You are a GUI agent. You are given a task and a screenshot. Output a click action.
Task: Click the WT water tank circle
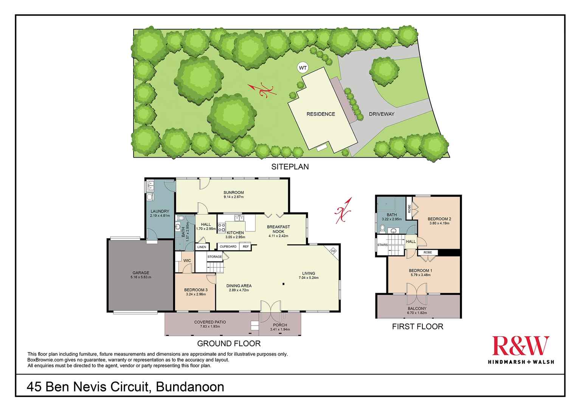303,68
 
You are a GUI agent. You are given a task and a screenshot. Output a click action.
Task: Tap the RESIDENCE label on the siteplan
321,114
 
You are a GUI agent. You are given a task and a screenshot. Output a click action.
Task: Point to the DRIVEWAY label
381,114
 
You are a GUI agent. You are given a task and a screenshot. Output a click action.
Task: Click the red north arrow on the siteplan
262,91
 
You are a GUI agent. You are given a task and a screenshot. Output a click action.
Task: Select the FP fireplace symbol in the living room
333,251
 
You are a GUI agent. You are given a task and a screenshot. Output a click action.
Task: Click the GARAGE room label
141,273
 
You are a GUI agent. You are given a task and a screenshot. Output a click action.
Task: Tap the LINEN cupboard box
202,247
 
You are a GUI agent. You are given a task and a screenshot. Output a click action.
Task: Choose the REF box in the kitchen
246,247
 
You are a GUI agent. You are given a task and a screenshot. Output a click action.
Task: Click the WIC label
187,261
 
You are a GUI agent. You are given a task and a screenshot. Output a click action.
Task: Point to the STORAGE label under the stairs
214,256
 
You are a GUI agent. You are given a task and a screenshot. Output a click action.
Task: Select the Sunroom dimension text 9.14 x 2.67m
234,197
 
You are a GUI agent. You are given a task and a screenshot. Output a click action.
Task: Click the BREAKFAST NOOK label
278,229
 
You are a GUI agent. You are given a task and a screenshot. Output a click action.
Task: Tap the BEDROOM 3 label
196,290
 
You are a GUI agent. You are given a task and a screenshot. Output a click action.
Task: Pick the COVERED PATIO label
210,322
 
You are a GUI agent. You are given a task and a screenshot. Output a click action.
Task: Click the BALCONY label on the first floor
417,308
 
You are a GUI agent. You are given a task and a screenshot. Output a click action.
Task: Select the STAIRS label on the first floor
382,245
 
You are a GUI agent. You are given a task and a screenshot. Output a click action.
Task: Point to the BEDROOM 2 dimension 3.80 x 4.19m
439,223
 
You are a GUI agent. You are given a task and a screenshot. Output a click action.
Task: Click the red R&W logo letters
520,345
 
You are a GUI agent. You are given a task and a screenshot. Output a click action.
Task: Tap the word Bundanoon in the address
190,387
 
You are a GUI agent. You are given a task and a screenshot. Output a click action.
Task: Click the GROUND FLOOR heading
229,344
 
